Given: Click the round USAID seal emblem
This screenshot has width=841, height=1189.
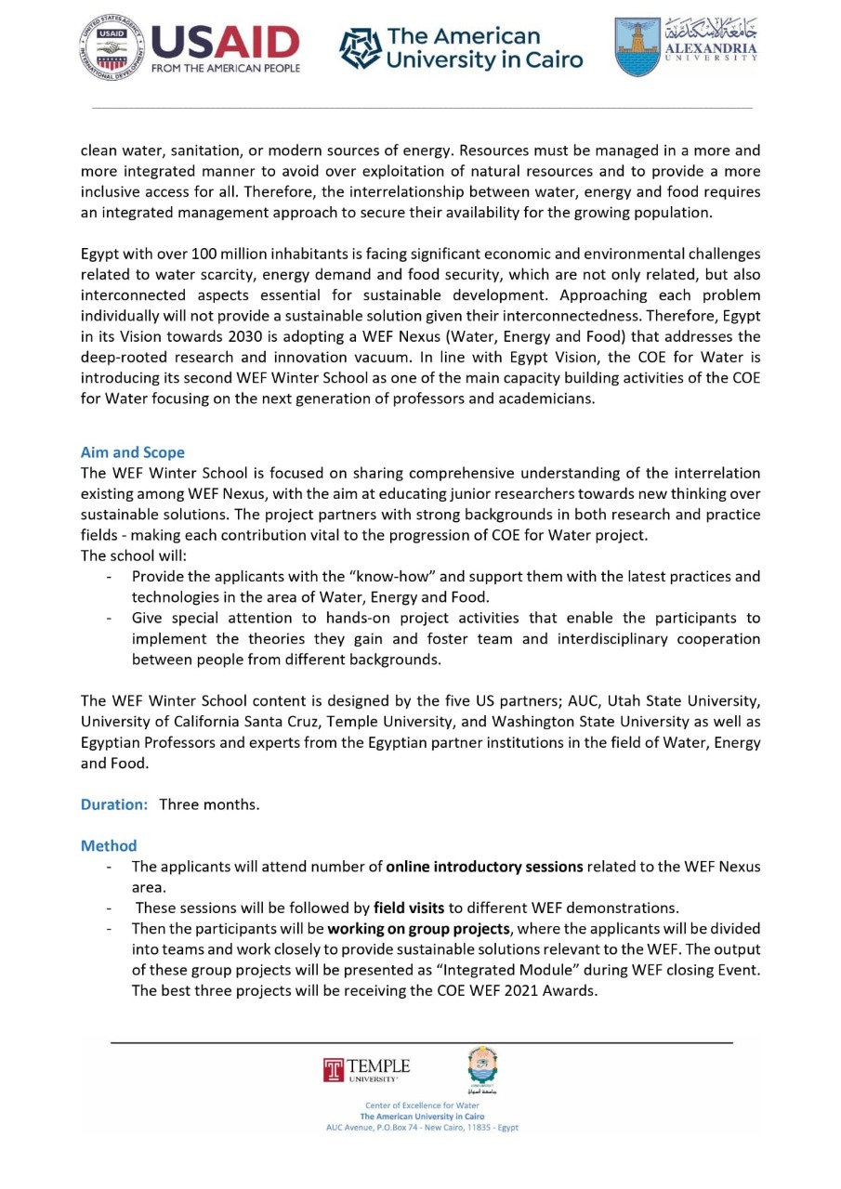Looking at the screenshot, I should coord(112,46).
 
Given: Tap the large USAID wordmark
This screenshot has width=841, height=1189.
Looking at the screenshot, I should coord(225,42).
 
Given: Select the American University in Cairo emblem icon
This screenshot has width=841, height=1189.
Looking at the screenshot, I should coord(361,48).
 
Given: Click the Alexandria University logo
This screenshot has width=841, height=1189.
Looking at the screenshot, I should coord(686,46).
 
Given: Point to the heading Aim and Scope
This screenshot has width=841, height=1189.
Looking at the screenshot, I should coord(133,452).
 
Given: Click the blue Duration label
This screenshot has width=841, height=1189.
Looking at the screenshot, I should coord(114,804).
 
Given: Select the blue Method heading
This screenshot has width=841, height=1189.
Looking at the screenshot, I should coord(109,845).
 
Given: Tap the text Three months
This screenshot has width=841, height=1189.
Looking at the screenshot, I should coord(209,804).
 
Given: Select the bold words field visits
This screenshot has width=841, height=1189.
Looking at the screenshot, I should coord(409,908).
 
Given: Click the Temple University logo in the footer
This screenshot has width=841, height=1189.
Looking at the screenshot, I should coord(366,1069).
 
